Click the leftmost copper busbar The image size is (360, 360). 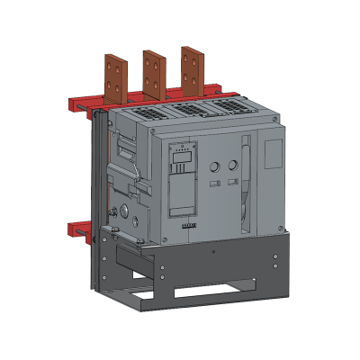coord(113,82)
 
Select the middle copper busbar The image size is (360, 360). coord(151,76)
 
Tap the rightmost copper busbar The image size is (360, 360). coord(190,71)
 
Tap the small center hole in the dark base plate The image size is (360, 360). coord(211,253)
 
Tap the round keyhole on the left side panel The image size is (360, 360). coord(123,212)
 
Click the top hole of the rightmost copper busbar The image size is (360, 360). coord(189,55)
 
